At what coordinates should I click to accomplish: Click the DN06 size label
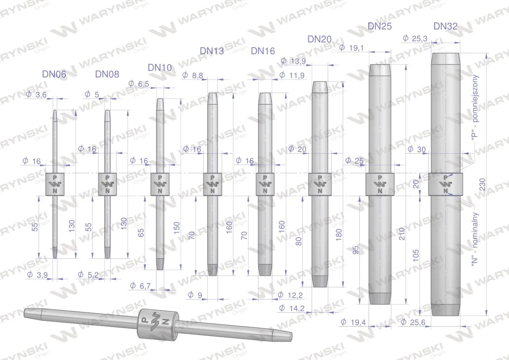54,74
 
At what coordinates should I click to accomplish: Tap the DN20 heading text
320,39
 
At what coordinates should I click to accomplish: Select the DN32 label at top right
445,26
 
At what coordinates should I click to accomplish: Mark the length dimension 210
402,234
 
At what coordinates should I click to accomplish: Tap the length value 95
356,250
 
